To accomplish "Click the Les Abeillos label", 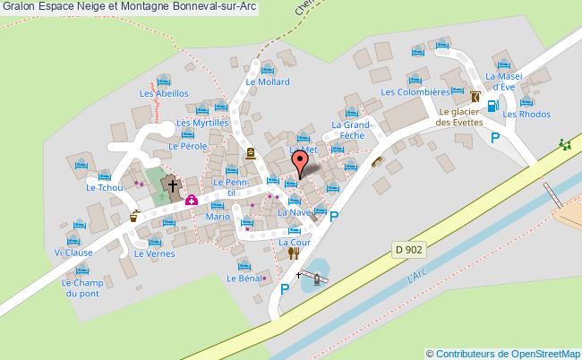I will (163, 93).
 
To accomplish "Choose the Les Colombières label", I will (414, 92).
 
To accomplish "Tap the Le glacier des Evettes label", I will (460, 116).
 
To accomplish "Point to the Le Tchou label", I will (102, 188).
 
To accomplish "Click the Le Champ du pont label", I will (77, 288).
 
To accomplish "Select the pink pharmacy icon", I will (191, 200).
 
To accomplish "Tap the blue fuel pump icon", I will (493, 106).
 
